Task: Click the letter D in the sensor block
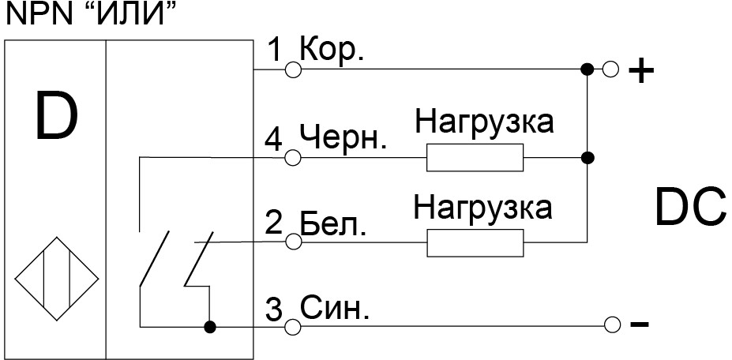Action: coord(55,116)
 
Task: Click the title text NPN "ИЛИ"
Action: coord(88,13)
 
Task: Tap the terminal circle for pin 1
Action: coord(292,69)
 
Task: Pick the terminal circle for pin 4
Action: coord(292,158)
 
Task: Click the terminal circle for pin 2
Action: coord(292,242)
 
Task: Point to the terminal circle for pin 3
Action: coord(292,324)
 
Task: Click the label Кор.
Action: coord(328,51)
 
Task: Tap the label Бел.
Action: coord(333,223)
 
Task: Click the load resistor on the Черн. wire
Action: coord(475,158)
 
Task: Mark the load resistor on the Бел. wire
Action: coord(475,242)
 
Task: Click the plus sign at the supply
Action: coord(640,72)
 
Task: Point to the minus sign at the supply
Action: coord(639,324)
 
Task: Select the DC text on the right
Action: coord(689,208)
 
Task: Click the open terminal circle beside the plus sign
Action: coord(610,69)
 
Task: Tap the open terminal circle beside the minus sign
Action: coord(610,324)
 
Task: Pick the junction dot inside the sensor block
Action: coord(209,324)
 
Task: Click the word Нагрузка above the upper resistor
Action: coord(485,123)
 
